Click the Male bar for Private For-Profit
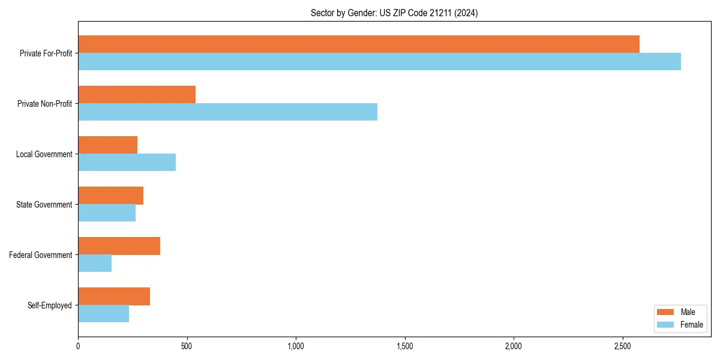359,44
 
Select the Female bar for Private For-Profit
379,62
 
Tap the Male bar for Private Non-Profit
137,95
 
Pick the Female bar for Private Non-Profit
227,112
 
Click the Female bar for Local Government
127,163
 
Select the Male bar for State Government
110,196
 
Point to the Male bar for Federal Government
119,246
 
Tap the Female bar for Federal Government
95,263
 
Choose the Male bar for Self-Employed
114,296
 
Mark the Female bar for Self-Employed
103,314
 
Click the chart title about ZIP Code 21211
394,13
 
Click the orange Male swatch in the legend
666,312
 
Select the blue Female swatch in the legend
666,325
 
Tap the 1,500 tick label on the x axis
405,346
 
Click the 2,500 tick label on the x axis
623,346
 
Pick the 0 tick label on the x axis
78,346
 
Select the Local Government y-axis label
44,154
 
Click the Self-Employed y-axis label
49,305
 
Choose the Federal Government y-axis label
41,255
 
